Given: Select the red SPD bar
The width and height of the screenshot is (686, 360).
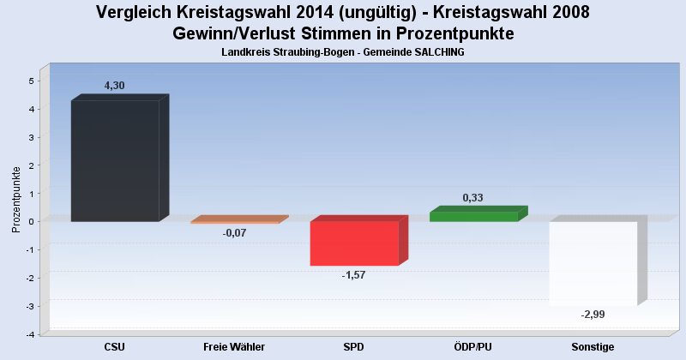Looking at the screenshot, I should tap(354, 243).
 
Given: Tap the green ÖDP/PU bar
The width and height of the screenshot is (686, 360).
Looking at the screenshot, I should tap(473, 216).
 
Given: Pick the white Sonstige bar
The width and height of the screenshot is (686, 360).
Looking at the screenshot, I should tap(593, 263).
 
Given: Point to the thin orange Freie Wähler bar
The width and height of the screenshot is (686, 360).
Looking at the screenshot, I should tap(234, 222).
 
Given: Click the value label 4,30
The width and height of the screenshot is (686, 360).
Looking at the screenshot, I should tap(114, 86).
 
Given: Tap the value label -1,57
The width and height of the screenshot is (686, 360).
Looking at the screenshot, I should tap(353, 275).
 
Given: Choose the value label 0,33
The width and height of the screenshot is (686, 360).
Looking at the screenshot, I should tap(472, 198).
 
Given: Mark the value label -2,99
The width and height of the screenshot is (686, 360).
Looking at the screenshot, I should tap(593, 315).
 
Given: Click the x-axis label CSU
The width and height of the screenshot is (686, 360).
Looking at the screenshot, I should tap(115, 347).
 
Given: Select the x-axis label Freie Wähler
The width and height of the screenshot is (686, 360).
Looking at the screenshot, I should tap(234, 347).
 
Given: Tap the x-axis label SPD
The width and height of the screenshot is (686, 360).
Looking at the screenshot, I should tap(354, 347).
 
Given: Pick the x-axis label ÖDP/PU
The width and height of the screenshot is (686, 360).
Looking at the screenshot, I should tap(473, 347).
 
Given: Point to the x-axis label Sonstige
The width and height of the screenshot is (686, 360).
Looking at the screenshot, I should tap(593, 347).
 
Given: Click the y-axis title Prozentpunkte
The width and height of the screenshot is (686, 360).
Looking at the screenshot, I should tap(16, 200).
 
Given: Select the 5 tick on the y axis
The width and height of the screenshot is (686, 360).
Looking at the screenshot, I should tap(31, 81).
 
